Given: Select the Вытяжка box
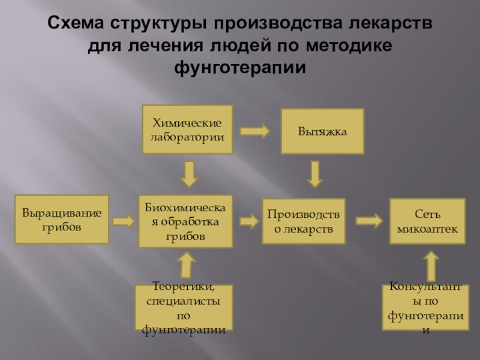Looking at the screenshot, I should point(322,130).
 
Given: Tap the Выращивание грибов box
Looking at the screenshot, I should point(61,219).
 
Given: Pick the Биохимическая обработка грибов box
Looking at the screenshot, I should point(185,221).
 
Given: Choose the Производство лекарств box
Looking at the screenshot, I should point(304,221).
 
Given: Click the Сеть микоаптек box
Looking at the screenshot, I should point(427,220).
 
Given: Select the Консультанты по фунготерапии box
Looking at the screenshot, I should point(425,308).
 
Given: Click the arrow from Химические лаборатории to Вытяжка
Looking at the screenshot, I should point(254,130).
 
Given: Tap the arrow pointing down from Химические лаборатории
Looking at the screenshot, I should point(189,173).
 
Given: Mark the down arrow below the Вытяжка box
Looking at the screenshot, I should point(315,173).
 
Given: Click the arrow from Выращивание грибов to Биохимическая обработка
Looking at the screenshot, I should point(123,221).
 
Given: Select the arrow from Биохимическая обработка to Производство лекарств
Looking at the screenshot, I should point(247,221).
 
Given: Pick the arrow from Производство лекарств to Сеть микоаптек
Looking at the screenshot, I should point(368,220).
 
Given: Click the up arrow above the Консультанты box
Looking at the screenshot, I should point(431,265).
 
